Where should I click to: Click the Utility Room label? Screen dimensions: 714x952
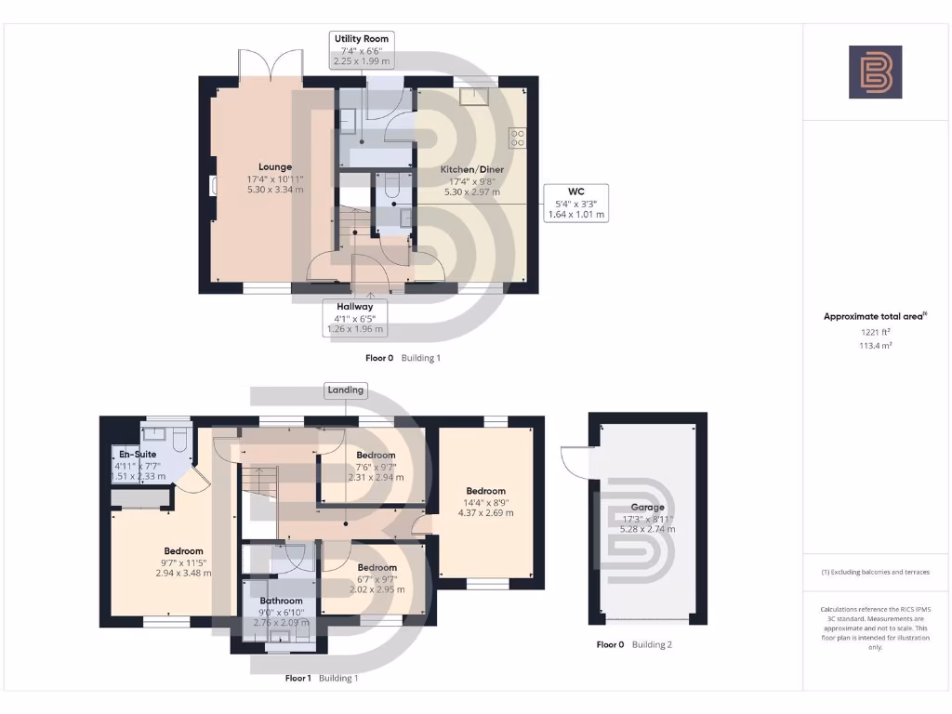[362, 38]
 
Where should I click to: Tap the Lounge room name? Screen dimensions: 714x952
[275, 167]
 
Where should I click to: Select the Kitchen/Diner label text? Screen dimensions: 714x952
[471, 170]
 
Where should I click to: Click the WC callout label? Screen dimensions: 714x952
[576, 191]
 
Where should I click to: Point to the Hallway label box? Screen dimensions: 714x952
[354, 307]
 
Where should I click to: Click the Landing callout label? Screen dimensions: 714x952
[345, 390]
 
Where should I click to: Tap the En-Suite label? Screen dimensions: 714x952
[139, 455]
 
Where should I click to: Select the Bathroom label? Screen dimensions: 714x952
[281, 602]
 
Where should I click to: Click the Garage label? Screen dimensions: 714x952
[647, 508]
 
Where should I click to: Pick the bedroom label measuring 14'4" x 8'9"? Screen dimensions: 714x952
[485, 491]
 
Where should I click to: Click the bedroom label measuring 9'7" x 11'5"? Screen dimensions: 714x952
[183, 551]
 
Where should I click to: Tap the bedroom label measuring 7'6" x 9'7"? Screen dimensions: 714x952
[376, 456]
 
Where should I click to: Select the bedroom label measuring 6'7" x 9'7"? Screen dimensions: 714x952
[377, 567]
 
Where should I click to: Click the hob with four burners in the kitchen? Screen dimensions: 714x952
[517, 138]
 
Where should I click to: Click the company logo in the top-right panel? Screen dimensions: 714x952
[875, 73]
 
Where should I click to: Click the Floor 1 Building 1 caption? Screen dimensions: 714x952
[321, 679]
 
